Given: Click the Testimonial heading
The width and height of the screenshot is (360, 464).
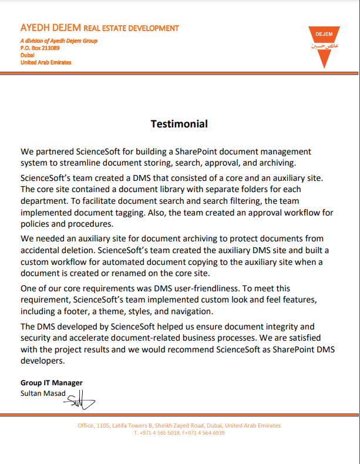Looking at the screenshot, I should (x=179, y=124).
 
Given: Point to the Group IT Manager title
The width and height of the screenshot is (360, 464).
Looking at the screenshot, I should (x=52, y=383).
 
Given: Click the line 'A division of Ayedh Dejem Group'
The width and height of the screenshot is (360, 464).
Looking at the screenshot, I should (x=59, y=41).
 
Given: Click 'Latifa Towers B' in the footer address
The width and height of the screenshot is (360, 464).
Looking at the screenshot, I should (x=132, y=426).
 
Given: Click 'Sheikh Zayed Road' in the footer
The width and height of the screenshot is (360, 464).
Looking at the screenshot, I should (x=181, y=426).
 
